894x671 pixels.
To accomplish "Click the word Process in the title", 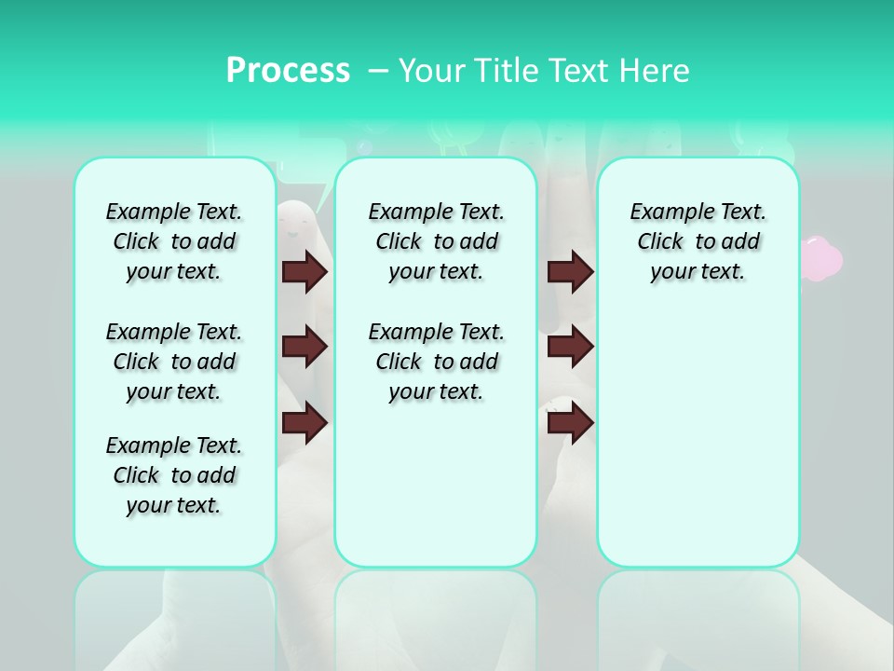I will coord(288,71).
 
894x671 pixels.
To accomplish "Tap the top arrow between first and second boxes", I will coord(305,272).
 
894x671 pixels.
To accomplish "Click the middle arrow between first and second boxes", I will coord(305,347).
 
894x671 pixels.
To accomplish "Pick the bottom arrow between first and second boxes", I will coord(305,423).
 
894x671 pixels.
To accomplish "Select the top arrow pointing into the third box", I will coord(570,272).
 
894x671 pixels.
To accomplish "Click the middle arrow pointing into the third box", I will coord(570,347).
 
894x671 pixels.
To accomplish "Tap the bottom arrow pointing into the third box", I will coord(570,423).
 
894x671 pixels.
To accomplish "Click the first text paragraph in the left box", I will coord(174,241).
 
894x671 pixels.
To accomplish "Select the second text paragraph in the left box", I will coord(174,362).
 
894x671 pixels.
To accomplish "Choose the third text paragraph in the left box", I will coord(174,475).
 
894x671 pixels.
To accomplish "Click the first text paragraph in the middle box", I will coord(436,241).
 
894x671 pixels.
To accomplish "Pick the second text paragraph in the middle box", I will coord(436,362).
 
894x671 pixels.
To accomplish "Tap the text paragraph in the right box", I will coord(698,241).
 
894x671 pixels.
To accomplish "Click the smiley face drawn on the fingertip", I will coord(296,222).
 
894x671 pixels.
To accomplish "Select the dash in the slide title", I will coord(377,71).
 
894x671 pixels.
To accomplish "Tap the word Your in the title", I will coord(431,71).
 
